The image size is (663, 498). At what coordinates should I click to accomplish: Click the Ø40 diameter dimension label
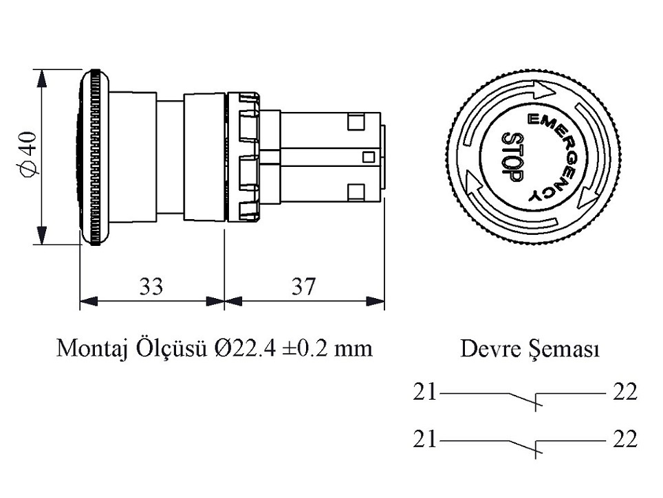[28, 156]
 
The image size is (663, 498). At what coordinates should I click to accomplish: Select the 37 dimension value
[303, 286]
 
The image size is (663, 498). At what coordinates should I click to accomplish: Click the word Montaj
[89, 348]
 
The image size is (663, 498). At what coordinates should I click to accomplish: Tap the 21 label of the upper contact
[425, 393]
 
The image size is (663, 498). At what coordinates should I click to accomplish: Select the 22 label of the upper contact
[624, 393]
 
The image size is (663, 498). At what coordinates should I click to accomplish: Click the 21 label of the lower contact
[425, 439]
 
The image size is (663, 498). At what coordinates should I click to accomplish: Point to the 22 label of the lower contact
[624, 439]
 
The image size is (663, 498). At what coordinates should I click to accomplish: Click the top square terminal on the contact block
[356, 122]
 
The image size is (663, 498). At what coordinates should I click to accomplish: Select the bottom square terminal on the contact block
[356, 190]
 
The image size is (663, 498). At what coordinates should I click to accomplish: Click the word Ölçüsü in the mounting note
[177, 348]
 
